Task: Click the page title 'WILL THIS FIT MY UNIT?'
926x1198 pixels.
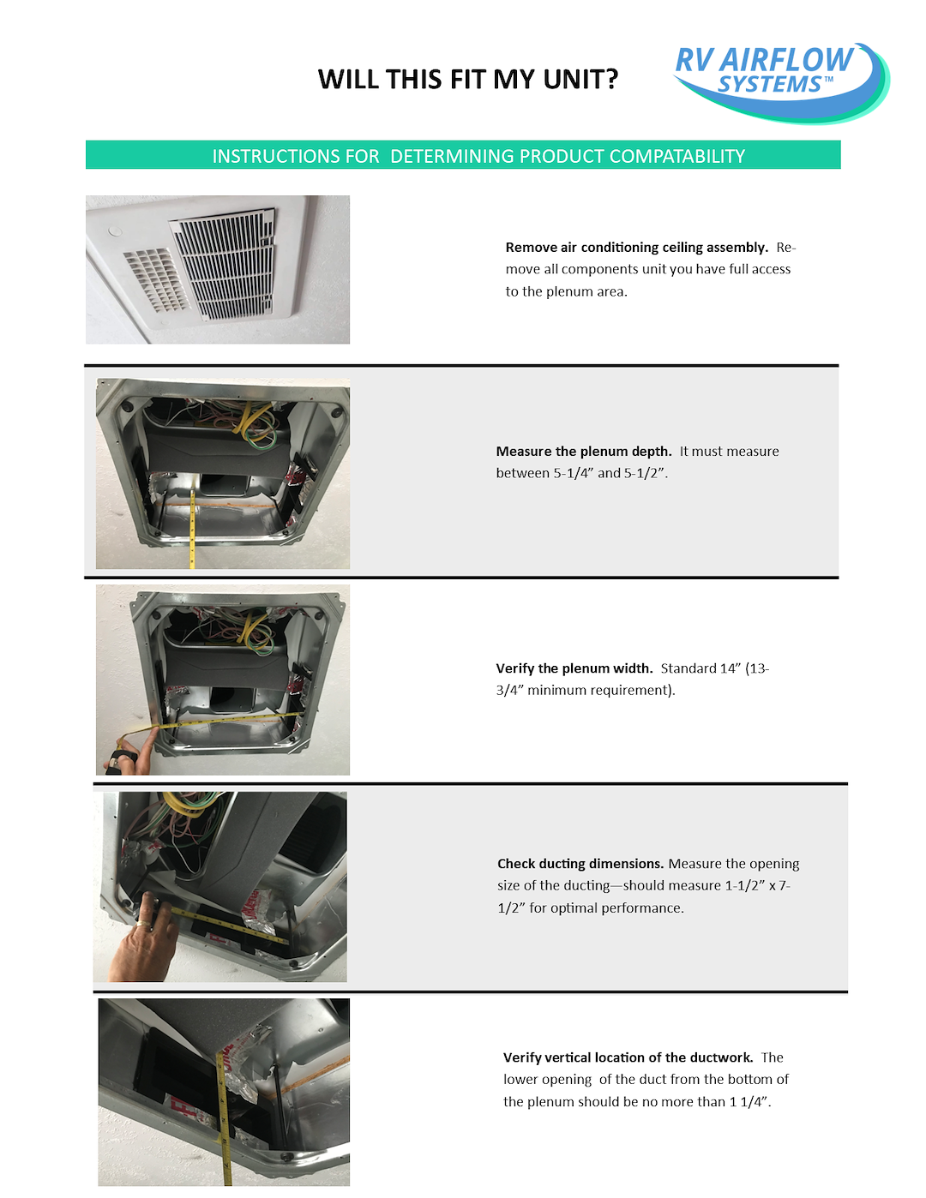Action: pyautogui.click(x=468, y=80)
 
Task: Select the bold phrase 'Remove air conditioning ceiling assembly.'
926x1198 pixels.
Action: pyautogui.click(x=636, y=248)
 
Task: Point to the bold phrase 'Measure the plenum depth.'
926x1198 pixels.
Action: pyautogui.click(x=583, y=452)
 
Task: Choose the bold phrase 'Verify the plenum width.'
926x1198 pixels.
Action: pyautogui.click(x=574, y=668)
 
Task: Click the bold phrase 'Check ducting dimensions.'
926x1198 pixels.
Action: pyautogui.click(x=580, y=864)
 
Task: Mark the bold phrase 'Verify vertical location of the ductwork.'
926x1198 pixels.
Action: pyautogui.click(x=628, y=1057)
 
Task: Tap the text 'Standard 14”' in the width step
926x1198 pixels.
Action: pyautogui.click(x=699, y=668)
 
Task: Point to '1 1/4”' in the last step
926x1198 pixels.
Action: pyautogui.click(x=749, y=1102)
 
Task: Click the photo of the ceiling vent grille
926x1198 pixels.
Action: pyautogui.click(x=218, y=269)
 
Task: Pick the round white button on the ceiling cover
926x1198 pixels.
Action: pyautogui.click(x=115, y=231)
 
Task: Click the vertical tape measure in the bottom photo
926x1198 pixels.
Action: pyautogui.click(x=224, y=1114)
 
